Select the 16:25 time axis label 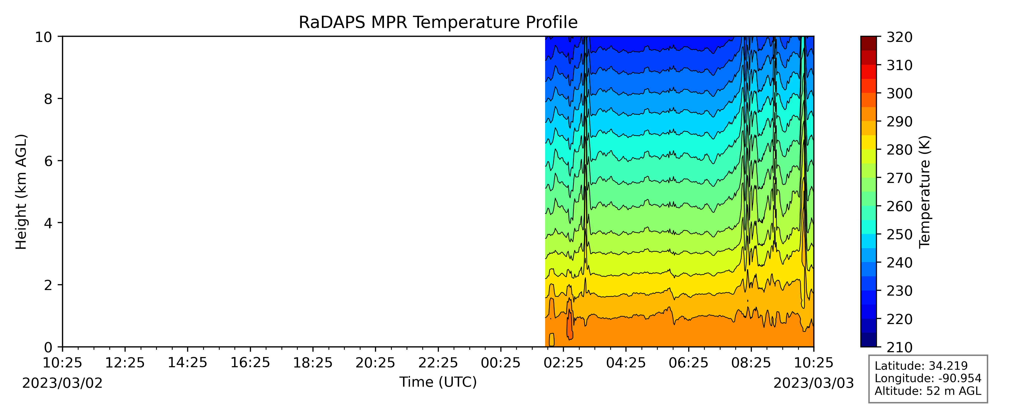250,363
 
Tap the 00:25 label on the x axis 501,363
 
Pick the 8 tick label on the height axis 48,99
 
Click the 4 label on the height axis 48,223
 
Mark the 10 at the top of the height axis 43,37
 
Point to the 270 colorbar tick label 899,178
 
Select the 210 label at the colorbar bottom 899,347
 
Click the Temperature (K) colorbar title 925,192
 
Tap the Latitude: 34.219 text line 921,366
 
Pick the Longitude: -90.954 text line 928,378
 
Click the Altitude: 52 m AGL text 928,391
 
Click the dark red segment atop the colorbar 868,43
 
